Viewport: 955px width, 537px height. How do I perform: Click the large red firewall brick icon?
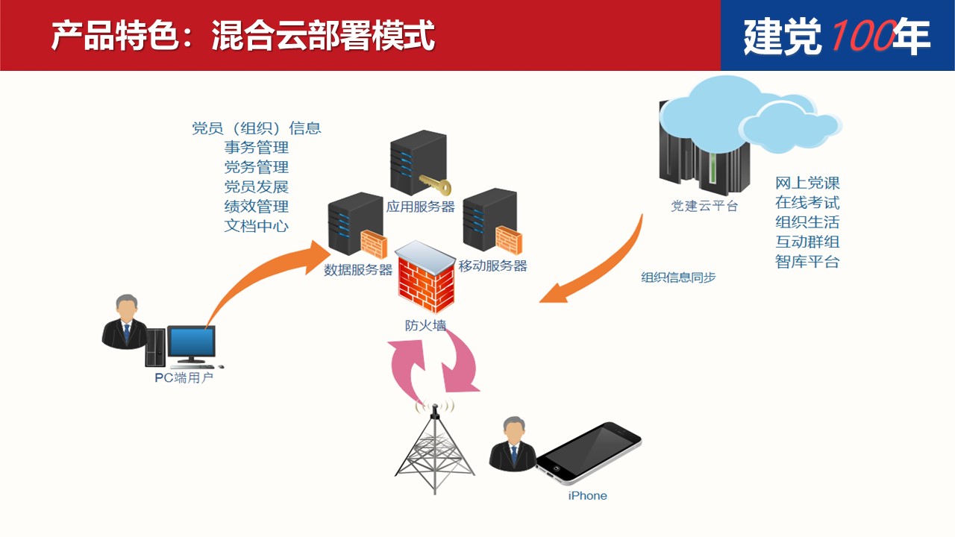pyautogui.click(x=425, y=282)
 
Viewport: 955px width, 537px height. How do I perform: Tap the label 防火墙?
pyautogui.click(x=425, y=325)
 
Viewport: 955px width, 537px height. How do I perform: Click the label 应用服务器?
pyautogui.click(x=420, y=207)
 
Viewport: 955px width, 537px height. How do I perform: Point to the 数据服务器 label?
pyautogui.click(x=358, y=270)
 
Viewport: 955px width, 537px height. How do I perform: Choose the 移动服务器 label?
pyautogui.click(x=492, y=266)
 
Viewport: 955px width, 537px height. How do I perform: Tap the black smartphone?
pyautogui.click(x=589, y=453)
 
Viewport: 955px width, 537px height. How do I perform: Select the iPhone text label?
pyautogui.click(x=587, y=496)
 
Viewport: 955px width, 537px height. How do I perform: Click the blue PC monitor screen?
pyautogui.click(x=191, y=342)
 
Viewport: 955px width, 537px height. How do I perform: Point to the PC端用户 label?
pyautogui.click(x=184, y=377)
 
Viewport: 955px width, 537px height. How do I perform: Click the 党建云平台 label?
pyautogui.click(x=704, y=207)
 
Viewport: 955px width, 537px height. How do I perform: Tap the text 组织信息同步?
pyautogui.click(x=678, y=277)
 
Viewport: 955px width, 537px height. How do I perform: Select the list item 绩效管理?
pyautogui.click(x=257, y=206)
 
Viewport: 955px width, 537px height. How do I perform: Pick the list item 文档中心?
pyautogui.click(x=257, y=225)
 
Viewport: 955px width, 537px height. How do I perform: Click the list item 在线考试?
pyautogui.click(x=807, y=203)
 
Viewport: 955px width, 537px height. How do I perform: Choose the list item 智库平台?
pyautogui.click(x=807, y=262)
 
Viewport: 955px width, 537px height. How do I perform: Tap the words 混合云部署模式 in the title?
pyautogui.click(x=322, y=35)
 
